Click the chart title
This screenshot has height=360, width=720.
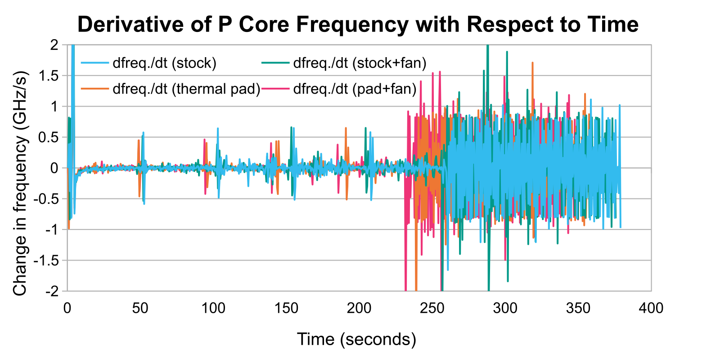click(x=358, y=24)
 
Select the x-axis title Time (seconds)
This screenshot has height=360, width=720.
click(x=356, y=339)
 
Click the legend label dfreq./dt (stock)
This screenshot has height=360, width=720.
click(x=165, y=63)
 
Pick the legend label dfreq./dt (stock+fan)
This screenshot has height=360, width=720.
click(x=360, y=63)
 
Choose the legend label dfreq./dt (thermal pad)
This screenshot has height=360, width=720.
click(x=186, y=89)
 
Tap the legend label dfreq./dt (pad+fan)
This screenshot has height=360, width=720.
click(x=355, y=89)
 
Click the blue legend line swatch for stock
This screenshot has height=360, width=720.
click(x=95, y=63)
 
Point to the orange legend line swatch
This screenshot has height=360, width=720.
click(x=95, y=88)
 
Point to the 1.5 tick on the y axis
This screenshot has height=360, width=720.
click(x=48, y=76)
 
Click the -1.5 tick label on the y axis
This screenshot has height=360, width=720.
click(x=46, y=261)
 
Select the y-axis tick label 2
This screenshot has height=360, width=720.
click(x=54, y=45)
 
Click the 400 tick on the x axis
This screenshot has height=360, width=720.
click(x=651, y=308)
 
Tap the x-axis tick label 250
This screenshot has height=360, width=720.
click(x=432, y=308)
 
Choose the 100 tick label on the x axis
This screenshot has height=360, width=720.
click(x=213, y=308)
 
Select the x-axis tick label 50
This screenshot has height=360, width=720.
click(x=140, y=308)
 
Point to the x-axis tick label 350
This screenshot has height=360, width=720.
click(x=578, y=308)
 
